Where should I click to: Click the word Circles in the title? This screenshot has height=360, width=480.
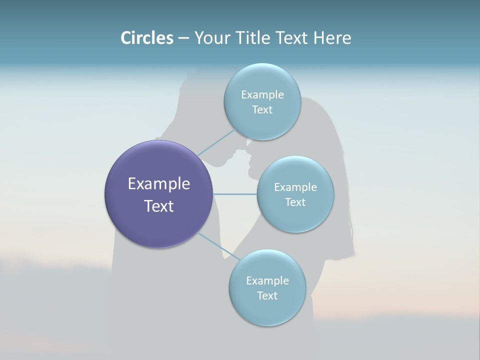coord(146,38)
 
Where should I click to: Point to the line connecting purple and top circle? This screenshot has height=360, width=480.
coord(216,142)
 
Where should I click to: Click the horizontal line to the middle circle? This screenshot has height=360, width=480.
coord(234,194)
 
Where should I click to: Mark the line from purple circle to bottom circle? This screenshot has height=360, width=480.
coord(219,246)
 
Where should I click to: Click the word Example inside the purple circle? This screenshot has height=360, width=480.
coord(158,184)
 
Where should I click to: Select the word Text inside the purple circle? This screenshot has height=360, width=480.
coord(158,206)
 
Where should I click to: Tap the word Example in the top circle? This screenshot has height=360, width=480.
coord(262,94)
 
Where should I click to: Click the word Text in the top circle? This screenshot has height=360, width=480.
coord(262,109)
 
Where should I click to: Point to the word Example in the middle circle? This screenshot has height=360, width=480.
coord(295,187)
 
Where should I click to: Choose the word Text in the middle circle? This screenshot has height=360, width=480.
coord(295,202)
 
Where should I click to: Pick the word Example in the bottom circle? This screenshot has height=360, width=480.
coord(267,280)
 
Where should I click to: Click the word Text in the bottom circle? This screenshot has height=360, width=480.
coord(267,295)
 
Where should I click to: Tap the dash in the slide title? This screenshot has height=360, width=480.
coord(183,38)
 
